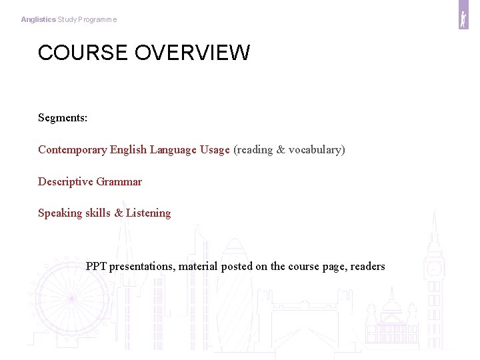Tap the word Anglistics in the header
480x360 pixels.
[x=38, y=20]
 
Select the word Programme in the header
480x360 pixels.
[x=98, y=20]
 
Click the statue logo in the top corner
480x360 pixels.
[x=463, y=19]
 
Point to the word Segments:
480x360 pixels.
[x=63, y=118]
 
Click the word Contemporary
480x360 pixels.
[x=72, y=150]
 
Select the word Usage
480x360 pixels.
[x=214, y=150]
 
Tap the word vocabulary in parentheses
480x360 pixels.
[x=314, y=150]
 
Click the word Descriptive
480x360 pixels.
[x=65, y=181]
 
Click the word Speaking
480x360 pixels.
[x=60, y=213]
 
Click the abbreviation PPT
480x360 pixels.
[x=96, y=267]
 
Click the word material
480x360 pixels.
[x=197, y=267]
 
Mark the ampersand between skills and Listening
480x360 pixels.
[x=119, y=213]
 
